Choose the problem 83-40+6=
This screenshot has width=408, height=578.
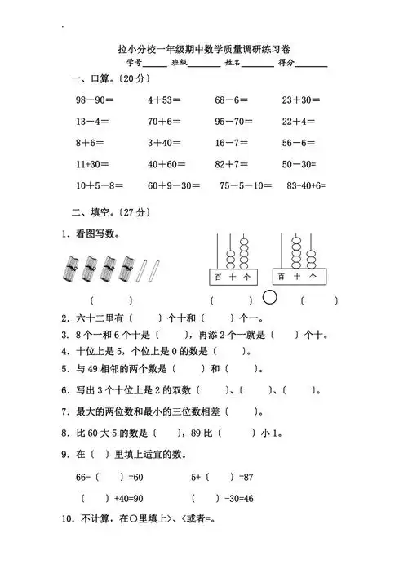click(304, 185)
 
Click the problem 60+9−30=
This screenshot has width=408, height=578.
click(173, 185)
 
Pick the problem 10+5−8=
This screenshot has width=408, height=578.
click(100, 185)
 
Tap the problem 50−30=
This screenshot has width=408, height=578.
click(299, 164)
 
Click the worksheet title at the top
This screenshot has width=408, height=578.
click(203, 48)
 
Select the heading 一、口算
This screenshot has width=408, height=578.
click(90, 78)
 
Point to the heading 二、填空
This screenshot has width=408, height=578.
click(90, 212)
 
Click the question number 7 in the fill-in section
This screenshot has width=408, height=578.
click(64, 411)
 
